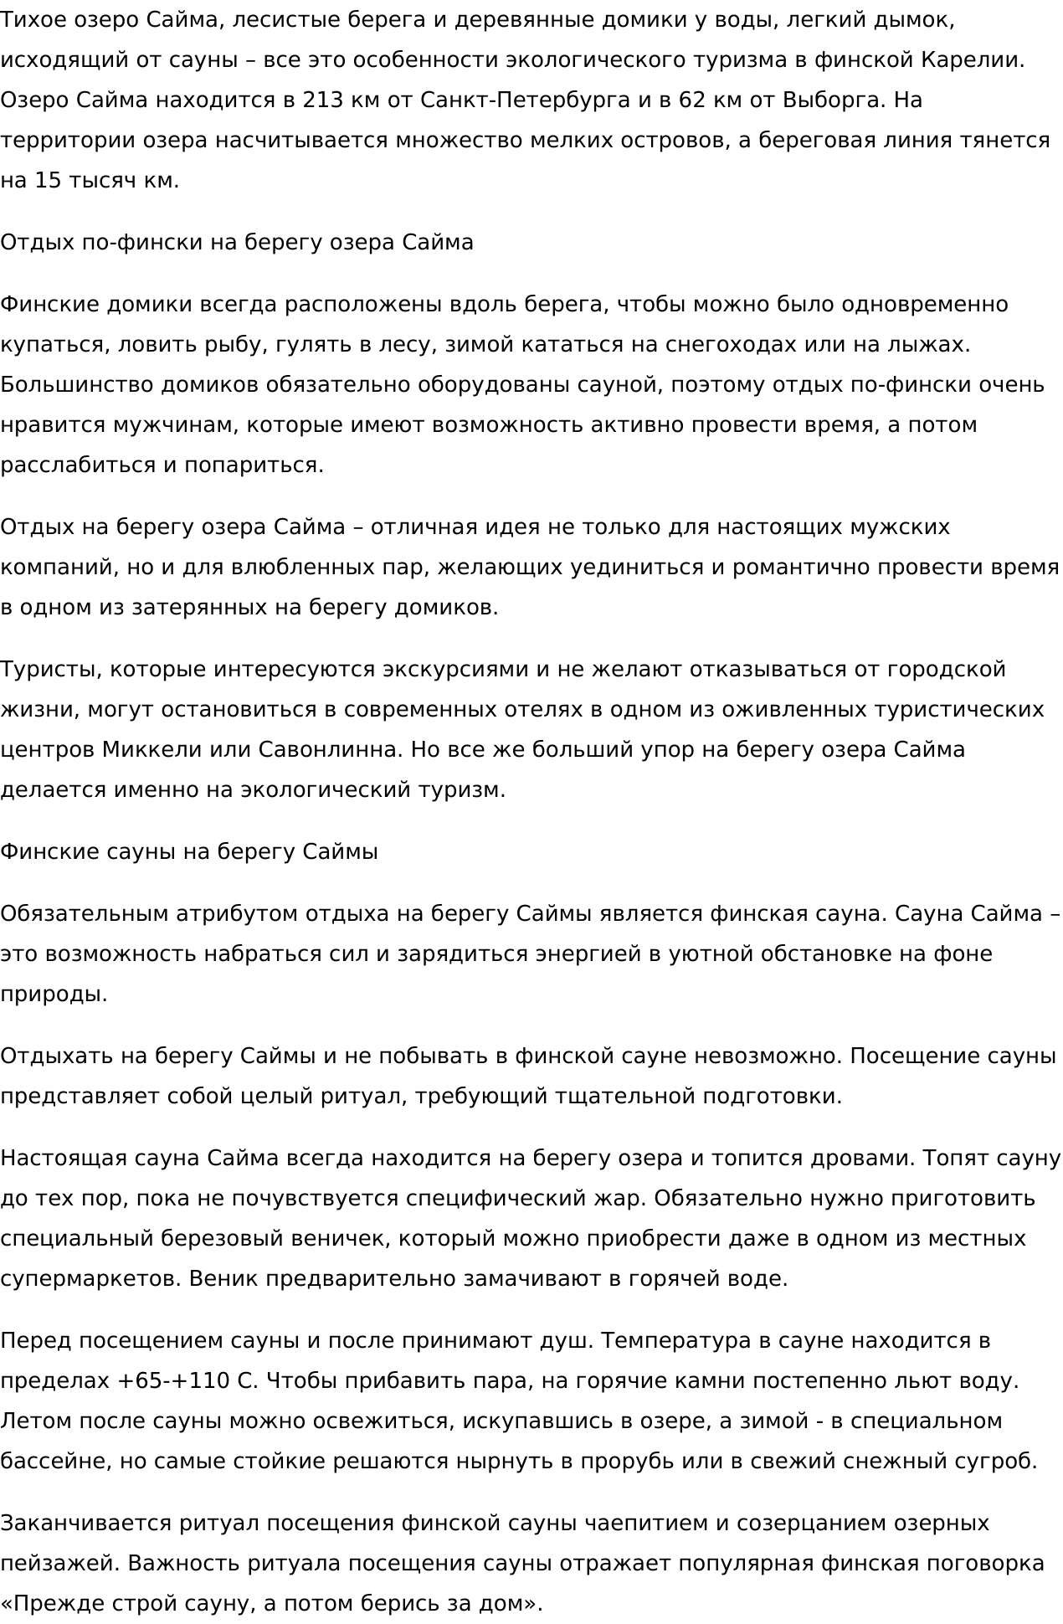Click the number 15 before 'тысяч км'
(x=48, y=181)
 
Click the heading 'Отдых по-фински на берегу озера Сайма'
(x=237, y=243)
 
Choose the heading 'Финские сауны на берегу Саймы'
(x=189, y=852)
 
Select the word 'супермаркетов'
(x=90, y=1279)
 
